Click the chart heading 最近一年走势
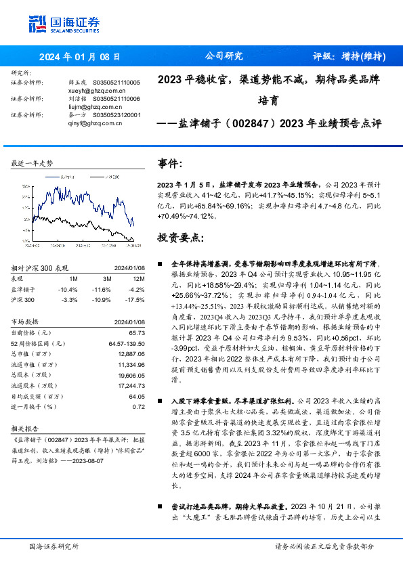[x=33, y=163]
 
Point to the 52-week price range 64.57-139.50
[x=127, y=343]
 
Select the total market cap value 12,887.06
[x=131, y=353]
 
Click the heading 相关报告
[x=27, y=429]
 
